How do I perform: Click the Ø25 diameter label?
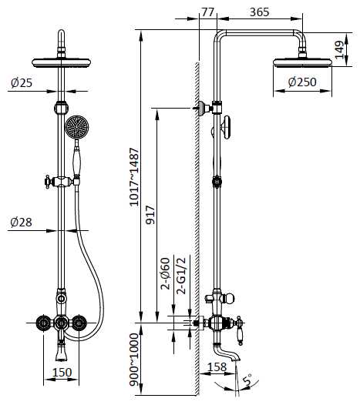pos(22,83)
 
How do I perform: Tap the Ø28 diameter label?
pos(22,222)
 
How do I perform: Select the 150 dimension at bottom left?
pos(62,372)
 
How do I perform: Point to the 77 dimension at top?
pos(207,12)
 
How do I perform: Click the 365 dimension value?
pos(259,12)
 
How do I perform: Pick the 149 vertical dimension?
pos(339,50)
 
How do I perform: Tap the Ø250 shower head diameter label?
pos(302,82)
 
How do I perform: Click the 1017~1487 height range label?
pos(134,177)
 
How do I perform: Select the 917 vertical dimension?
pos(150,215)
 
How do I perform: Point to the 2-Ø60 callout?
pos(166,273)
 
